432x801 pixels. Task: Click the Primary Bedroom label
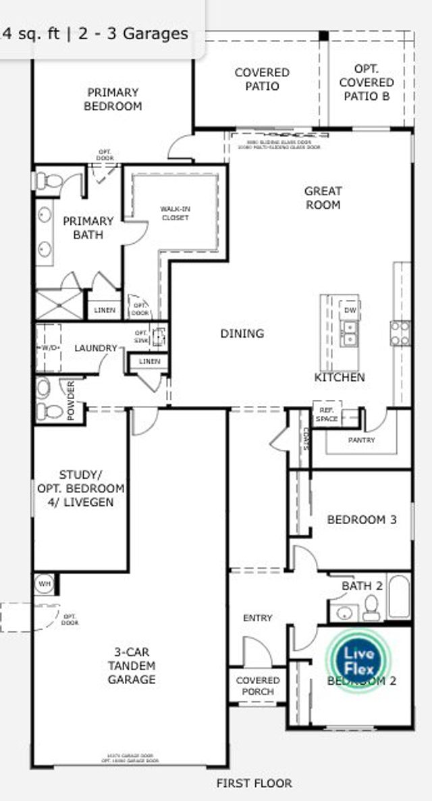point(113,99)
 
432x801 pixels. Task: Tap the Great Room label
point(323,198)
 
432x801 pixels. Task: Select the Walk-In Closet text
point(175,213)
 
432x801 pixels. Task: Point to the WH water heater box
point(45,583)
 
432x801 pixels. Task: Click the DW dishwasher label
point(350,309)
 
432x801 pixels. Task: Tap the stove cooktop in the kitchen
point(400,333)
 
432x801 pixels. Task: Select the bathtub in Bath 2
point(398,596)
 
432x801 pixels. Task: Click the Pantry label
point(361,440)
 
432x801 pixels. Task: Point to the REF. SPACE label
point(327,415)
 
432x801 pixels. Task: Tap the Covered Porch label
point(258,686)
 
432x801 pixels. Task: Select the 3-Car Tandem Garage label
point(132,666)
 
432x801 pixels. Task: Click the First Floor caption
point(254,783)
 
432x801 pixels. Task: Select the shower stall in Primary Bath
point(59,305)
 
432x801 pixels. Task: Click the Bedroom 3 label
point(361,519)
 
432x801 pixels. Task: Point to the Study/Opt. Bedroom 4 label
point(81,488)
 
